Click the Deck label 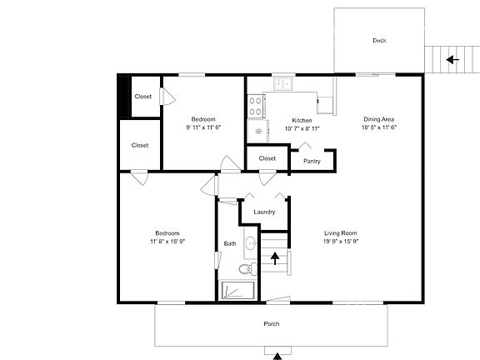point(379,40)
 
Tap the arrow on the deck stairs point(451,59)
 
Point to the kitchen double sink point(284,82)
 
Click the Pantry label point(312,161)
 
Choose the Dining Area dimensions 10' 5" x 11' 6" point(378,128)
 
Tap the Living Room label point(340,232)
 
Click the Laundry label point(264,212)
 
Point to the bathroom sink point(248,243)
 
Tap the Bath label point(230,243)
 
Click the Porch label point(271,324)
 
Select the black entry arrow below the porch point(277,356)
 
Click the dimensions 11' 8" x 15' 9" point(167,242)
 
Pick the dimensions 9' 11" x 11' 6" point(203,127)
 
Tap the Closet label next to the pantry point(267,157)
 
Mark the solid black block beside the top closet point(124,97)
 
